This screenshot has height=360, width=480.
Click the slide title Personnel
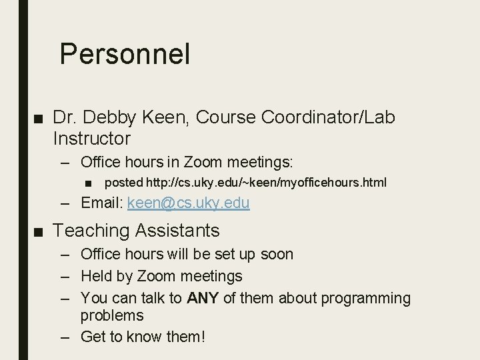point(125,55)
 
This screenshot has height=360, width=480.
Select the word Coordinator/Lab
point(329,118)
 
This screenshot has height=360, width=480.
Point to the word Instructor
point(91,139)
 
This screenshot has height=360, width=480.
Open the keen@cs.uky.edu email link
point(188,203)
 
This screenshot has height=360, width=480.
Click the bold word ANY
point(203,299)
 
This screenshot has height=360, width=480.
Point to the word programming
point(366,299)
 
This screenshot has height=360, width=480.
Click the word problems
point(112,315)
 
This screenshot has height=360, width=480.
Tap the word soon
point(277,254)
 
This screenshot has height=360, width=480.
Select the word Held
point(95,276)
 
